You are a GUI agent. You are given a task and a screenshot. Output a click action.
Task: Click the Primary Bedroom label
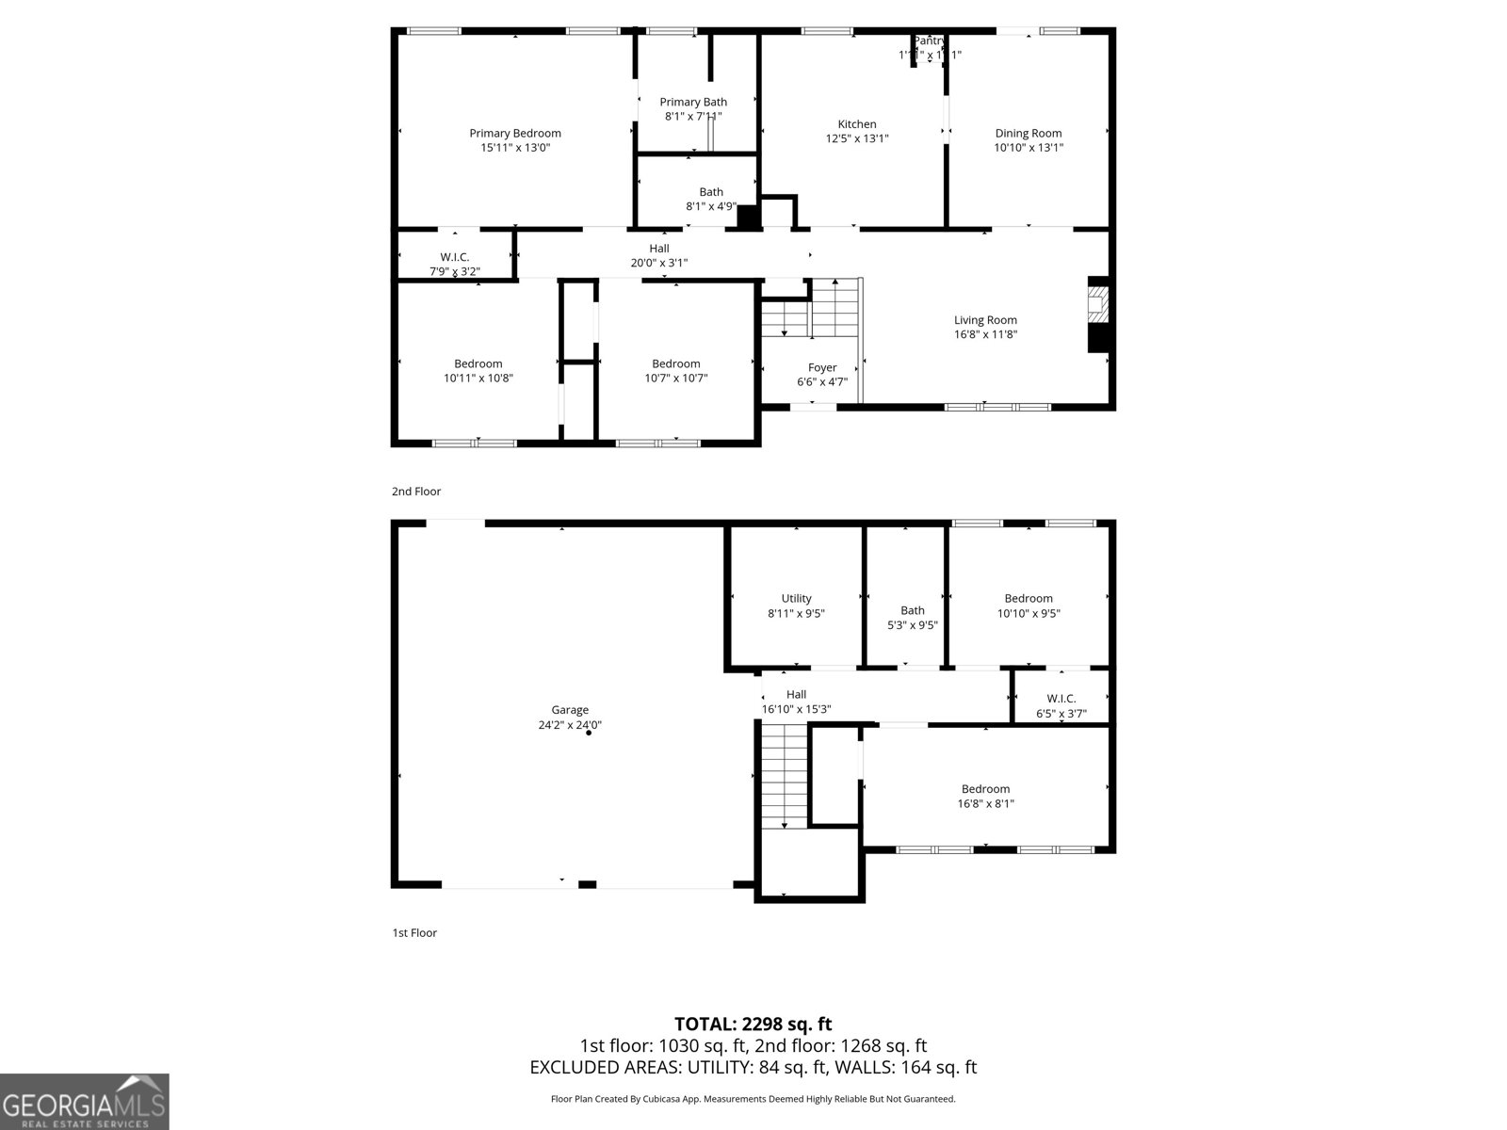click(x=515, y=134)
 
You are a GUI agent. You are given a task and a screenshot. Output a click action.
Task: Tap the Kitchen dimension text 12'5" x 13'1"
click(x=857, y=138)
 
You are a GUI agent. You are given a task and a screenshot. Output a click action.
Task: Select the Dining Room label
click(x=1029, y=134)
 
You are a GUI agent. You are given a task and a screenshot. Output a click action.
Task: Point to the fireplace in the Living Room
click(x=1098, y=315)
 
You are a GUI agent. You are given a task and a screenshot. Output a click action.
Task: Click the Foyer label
click(x=822, y=368)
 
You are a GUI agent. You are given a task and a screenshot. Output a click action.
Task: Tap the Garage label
click(x=570, y=710)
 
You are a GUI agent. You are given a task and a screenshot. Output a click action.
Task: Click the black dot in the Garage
click(x=589, y=733)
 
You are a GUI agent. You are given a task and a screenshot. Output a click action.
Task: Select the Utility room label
click(x=796, y=599)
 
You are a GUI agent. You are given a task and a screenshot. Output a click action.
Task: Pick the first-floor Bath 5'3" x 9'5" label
click(x=913, y=617)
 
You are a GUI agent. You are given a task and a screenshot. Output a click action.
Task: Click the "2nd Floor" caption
click(x=416, y=492)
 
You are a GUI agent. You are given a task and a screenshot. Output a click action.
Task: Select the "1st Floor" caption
click(x=414, y=933)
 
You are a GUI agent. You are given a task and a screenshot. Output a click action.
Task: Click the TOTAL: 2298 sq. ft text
click(x=753, y=1024)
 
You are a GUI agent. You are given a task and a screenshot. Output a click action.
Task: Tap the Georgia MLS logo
click(x=85, y=1101)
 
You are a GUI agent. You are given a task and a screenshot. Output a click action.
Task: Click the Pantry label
click(x=930, y=41)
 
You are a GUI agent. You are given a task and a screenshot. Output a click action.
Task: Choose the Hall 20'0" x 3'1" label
click(x=659, y=255)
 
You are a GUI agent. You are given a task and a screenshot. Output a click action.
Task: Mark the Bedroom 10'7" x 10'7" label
click(x=676, y=371)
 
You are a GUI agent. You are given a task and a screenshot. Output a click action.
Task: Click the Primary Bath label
click(x=693, y=102)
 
